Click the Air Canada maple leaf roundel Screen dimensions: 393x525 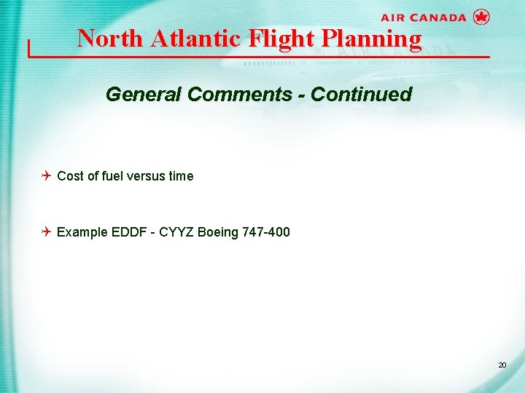[481, 17]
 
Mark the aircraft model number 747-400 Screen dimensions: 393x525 [265, 232]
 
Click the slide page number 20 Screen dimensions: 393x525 [502, 365]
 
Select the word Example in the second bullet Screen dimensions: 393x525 [82, 232]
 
